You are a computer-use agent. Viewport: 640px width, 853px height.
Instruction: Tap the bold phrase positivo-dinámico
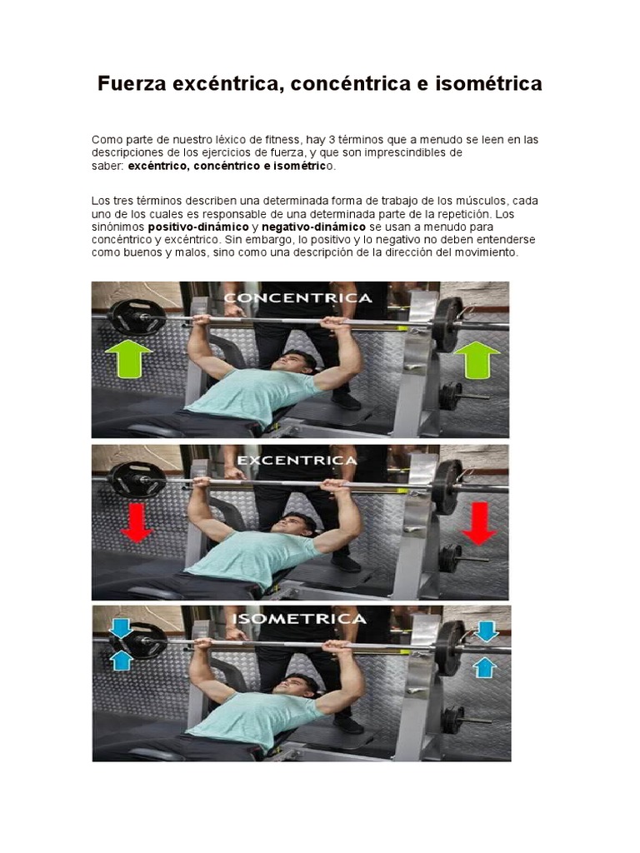(198, 227)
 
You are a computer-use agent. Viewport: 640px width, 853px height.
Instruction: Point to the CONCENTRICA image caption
(297, 297)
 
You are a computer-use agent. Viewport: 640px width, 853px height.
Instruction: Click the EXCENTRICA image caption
(297, 459)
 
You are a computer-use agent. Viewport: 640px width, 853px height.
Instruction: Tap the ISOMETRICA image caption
(299, 619)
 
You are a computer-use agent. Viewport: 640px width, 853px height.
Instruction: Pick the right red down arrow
(478, 522)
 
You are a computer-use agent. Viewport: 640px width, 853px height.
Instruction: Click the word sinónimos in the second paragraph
(117, 227)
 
